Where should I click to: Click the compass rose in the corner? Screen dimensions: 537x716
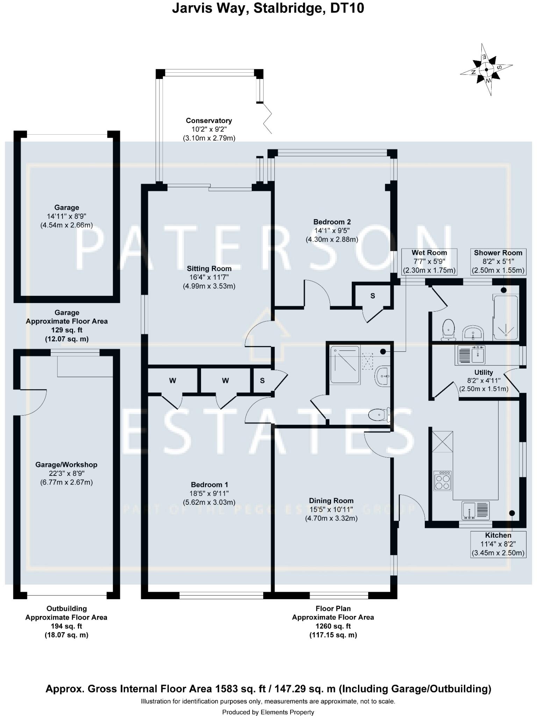[486, 70]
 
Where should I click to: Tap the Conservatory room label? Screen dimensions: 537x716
[209, 121]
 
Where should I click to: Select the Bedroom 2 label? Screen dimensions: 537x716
[332, 222]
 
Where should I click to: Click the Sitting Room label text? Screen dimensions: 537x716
[209, 269]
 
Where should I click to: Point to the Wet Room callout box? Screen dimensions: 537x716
[429, 262]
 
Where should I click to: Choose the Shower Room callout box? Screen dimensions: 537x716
[498, 262]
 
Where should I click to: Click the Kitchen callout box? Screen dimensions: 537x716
[498, 544]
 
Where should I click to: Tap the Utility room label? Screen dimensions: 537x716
[484, 373]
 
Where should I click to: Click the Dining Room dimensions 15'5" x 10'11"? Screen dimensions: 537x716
[331, 510]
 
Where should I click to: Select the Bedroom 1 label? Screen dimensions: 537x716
[209, 485]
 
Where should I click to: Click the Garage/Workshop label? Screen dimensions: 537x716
[66, 465]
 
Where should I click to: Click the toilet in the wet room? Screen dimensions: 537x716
[379, 415]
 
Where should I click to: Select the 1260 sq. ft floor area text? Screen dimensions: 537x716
[333, 626]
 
